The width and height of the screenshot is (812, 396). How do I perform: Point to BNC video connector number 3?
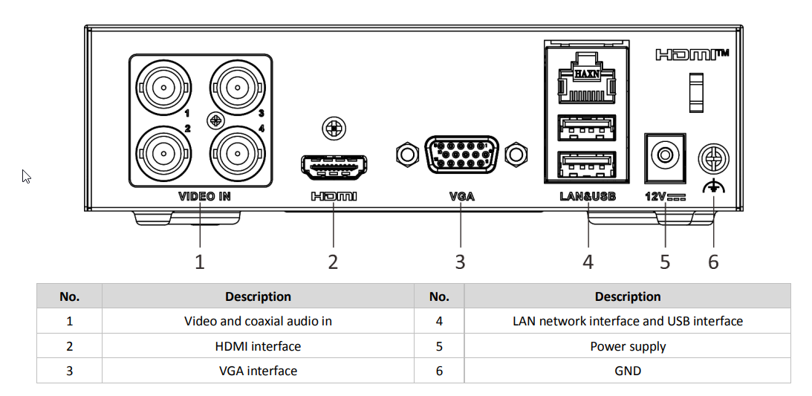(238, 88)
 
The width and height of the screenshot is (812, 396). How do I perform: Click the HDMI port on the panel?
(334, 167)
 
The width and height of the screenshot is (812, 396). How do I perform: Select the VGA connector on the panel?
(461, 155)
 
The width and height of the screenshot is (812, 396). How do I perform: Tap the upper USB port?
(587, 128)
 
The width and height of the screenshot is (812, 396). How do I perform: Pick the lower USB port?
(587, 165)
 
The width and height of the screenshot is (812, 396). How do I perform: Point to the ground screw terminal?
(713, 158)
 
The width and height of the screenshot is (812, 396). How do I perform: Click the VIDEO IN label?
(204, 197)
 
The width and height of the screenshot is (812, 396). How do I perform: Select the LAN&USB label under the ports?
(588, 197)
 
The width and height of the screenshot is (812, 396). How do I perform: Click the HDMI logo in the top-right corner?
(691, 54)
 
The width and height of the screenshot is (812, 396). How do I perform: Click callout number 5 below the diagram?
(665, 262)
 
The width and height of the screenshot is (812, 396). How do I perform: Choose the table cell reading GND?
(627, 371)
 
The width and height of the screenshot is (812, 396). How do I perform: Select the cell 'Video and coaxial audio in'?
(258, 321)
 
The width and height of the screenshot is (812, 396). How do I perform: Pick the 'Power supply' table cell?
(627, 346)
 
